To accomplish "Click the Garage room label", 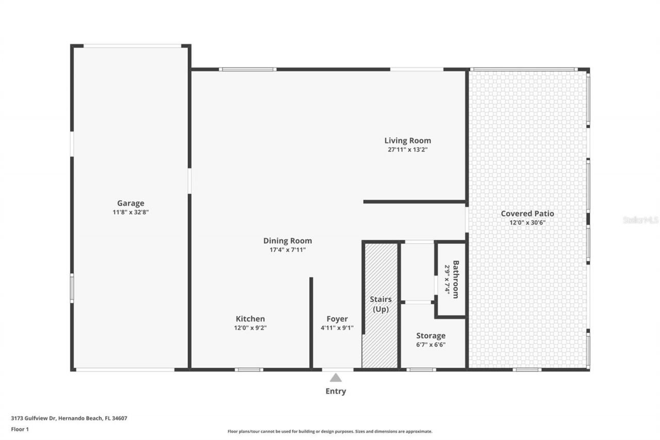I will click(x=130, y=203).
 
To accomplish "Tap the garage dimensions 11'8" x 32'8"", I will click(x=130, y=212).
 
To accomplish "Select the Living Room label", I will click(x=407, y=140).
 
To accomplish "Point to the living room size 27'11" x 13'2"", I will click(x=407, y=150).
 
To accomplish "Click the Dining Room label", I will click(x=287, y=240).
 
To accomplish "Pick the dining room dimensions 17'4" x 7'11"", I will click(x=287, y=250).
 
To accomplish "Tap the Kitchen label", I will click(x=250, y=319).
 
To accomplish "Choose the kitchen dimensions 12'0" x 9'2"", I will click(x=250, y=328).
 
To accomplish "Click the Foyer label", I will click(x=337, y=319).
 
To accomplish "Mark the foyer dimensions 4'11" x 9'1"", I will click(x=337, y=328).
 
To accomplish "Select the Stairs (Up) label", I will click(x=381, y=304).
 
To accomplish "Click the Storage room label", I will click(x=431, y=336).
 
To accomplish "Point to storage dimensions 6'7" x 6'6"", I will click(x=431, y=345).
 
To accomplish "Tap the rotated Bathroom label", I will click(x=456, y=279).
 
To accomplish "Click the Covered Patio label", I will click(x=527, y=214).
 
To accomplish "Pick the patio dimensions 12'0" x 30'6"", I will click(x=527, y=222).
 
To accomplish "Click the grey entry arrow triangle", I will click(x=336, y=378).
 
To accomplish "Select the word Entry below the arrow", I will click(x=336, y=391).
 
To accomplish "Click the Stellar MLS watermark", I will click(x=640, y=220).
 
